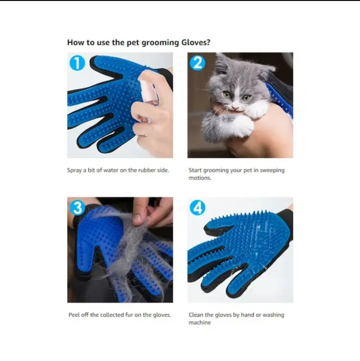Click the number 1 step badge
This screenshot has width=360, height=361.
pos(77,63)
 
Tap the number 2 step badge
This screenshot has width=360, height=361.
pos(197,63)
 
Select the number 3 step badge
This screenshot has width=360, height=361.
pos(77,207)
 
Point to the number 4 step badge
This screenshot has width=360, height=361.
pos(197,208)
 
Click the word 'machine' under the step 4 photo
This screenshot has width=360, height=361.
pos(199,322)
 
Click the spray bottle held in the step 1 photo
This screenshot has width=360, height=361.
pos(149,91)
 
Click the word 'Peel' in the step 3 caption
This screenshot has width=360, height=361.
pos(74,315)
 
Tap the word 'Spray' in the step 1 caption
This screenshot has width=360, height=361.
pos(74,170)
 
